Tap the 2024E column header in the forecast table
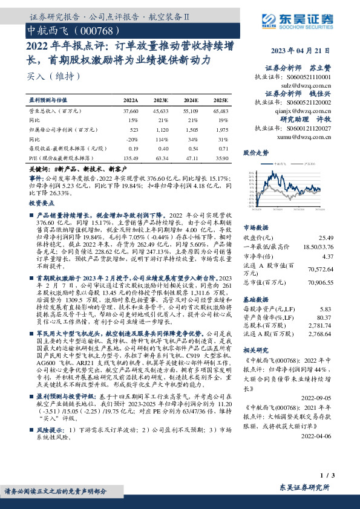point(191,100)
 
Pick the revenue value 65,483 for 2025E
point(221,112)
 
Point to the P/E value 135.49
point(130,157)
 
